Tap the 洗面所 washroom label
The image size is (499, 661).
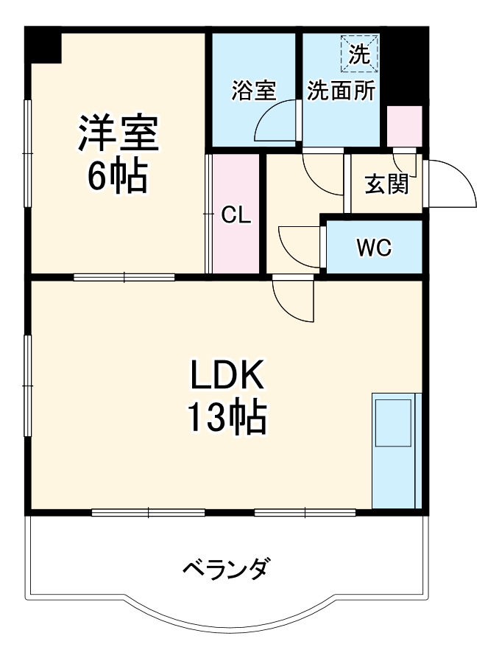click(341, 91)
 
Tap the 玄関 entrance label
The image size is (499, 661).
click(386, 184)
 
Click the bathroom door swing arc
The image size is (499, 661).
click(276, 122)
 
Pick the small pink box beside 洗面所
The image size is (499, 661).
click(404, 126)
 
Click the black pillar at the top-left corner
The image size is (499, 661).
click(44, 46)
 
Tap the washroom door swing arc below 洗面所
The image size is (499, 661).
click(322, 174)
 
